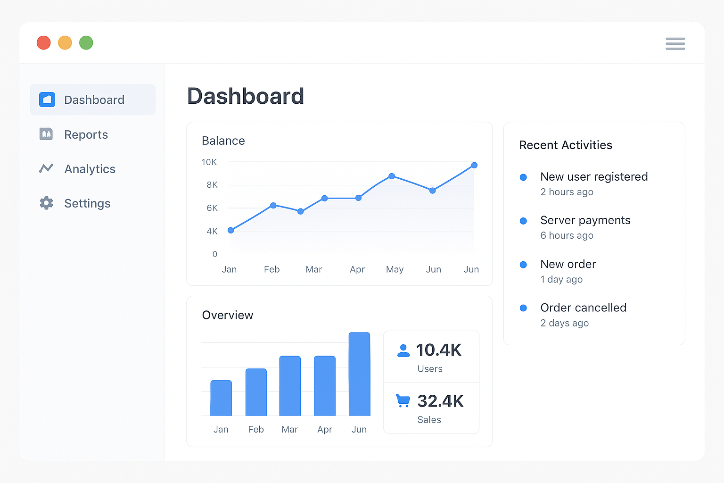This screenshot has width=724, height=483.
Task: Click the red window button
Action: point(44,43)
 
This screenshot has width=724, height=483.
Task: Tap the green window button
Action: point(86,43)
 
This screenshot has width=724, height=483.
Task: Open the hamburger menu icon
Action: point(675,44)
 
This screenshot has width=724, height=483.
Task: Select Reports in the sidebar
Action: point(86,135)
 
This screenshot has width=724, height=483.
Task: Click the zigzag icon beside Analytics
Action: point(46,168)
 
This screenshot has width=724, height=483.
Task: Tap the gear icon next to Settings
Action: point(46,203)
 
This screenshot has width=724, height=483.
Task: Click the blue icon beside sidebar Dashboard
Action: point(47,100)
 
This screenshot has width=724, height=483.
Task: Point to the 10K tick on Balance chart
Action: point(209,162)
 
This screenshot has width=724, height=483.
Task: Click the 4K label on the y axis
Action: point(212,232)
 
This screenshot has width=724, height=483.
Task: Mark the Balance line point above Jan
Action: point(231,230)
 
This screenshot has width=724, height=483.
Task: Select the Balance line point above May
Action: point(392,176)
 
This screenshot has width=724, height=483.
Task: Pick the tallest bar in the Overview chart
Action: point(359,374)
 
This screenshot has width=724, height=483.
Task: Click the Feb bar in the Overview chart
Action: point(256,392)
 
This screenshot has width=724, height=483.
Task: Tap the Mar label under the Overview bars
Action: point(289,430)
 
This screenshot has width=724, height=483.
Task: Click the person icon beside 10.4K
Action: point(403,350)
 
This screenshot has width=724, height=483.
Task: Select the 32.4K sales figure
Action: point(440,401)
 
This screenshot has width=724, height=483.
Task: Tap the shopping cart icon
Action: point(403,400)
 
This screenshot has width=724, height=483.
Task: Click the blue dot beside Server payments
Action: point(523,221)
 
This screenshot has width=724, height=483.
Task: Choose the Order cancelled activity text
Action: point(583,308)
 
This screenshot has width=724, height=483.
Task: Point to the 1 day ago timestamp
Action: point(561,280)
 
